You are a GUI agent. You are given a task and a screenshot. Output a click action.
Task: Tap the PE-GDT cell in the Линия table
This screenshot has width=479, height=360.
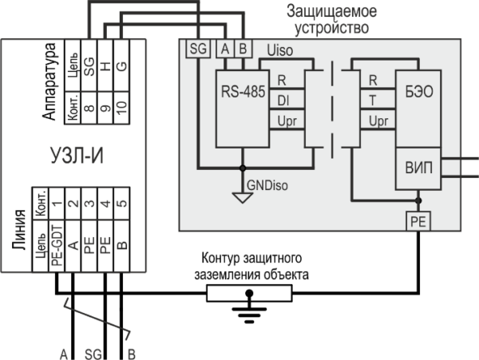(x=57, y=244)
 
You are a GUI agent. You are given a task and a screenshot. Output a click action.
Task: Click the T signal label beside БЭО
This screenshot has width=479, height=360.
(x=374, y=101)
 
